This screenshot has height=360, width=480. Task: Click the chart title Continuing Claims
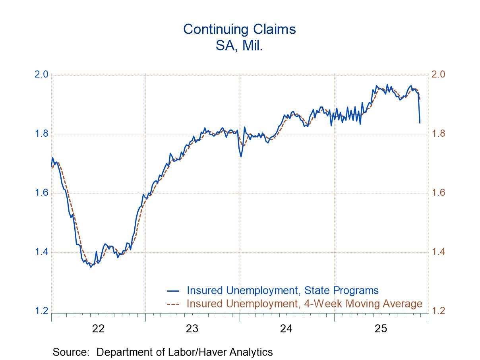click(240, 29)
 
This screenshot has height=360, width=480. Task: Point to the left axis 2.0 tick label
click(42, 75)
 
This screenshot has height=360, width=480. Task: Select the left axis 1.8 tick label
click(42, 134)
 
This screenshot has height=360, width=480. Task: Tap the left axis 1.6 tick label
click(42, 193)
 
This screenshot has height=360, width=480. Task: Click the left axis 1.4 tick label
click(42, 252)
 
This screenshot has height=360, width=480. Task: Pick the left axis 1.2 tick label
click(42, 311)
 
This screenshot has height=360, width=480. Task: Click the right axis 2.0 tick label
click(438, 75)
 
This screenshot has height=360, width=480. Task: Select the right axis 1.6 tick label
click(438, 193)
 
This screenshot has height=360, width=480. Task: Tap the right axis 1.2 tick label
click(438, 311)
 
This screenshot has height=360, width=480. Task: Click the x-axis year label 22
click(98, 329)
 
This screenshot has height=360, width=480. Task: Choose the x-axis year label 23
click(192, 329)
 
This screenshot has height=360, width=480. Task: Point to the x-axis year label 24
click(286, 329)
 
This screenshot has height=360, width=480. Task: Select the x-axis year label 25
click(381, 329)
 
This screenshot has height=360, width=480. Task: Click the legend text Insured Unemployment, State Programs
click(283, 290)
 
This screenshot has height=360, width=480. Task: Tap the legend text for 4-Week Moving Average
click(304, 304)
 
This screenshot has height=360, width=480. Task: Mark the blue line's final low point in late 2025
click(420, 123)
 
